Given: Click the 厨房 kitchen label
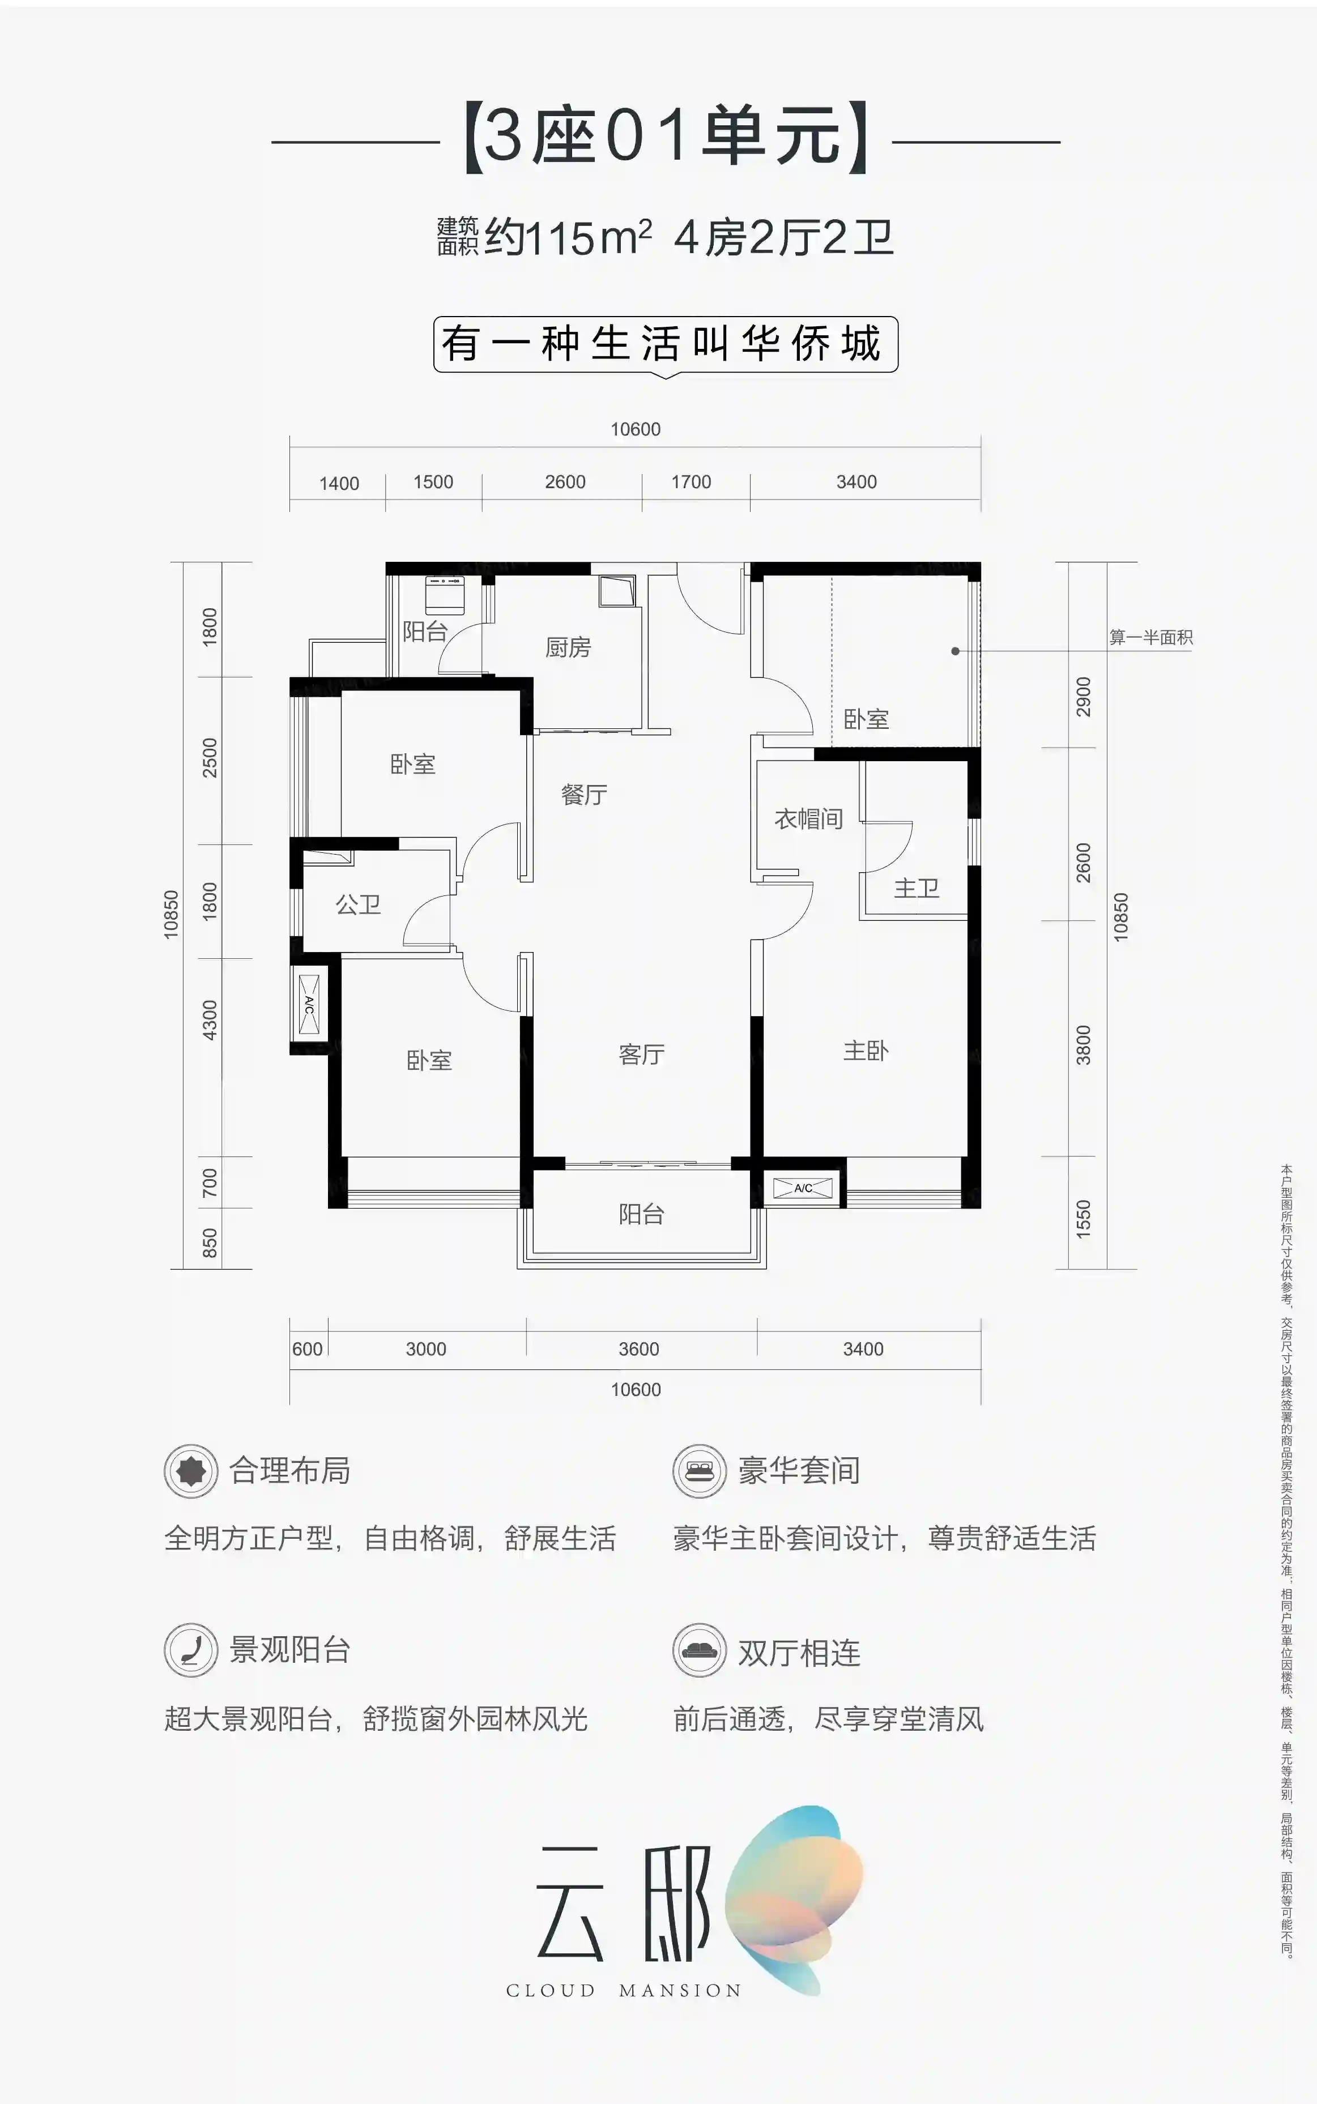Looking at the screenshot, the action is click(568, 647).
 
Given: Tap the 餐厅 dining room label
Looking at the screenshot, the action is click(583, 794).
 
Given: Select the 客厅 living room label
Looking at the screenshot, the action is click(641, 1055).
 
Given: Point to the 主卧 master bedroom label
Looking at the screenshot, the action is click(866, 1051).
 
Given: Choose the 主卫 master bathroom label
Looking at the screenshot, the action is click(917, 888).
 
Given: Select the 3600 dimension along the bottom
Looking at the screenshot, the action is click(638, 1349).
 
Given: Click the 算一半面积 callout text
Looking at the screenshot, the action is click(1150, 638).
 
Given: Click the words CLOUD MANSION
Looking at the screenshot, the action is click(624, 1990).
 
